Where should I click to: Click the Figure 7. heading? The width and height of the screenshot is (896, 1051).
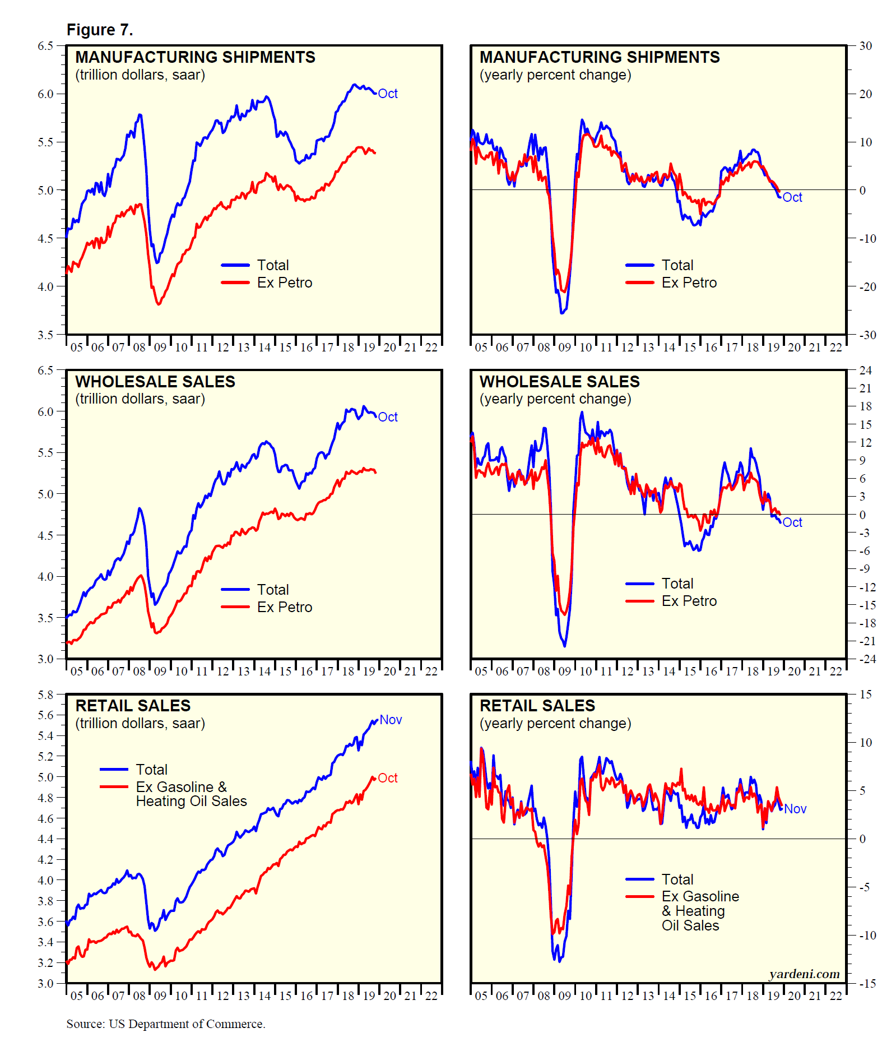pyautogui.click(x=100, y=30)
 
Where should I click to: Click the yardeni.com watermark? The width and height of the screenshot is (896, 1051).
pyautogui.click(x=804, y=974)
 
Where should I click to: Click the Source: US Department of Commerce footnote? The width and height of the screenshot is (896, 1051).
pyautogui.click(x=166, y=1024)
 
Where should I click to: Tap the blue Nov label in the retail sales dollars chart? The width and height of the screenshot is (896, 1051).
pyautogui.click(x=391, y=720)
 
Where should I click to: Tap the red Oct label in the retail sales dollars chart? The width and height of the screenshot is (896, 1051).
pyautogui.click(x=388, y=778)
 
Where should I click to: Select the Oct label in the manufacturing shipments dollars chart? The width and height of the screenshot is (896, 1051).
pyautogui.click(x=388, y=94)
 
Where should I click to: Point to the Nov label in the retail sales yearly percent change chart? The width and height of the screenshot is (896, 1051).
pyautogui.click(x=795, y=809)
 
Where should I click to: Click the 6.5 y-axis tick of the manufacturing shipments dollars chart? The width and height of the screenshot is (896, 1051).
pyautogui.click(x=45, y=46)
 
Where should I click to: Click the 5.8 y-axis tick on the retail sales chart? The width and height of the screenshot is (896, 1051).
pyautogui.click(x=45, y=695)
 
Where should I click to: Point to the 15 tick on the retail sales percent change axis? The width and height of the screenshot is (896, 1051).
pyautogui.click(x=866, y=695)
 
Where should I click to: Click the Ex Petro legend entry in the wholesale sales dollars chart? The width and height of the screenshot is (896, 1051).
pyautogui.click(x=285, y=607)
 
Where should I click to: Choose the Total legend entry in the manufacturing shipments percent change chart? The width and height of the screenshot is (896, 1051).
pyautogui.click(x=677, y=265)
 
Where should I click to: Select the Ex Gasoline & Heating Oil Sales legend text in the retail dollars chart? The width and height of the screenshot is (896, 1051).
pyautogui.click(x=191, y=794)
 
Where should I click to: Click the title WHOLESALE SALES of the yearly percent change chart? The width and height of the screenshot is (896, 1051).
pyautogui.click(x=559, y=382)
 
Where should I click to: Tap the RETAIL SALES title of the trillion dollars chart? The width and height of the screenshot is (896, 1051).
pyautogui.click(x=133, y=706)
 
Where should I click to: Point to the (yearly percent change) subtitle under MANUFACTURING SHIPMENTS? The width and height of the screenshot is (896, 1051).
pyautogui.click(x=555, y=75)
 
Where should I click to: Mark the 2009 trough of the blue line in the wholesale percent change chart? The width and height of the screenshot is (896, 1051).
pyautogui.click(x=564, y=646)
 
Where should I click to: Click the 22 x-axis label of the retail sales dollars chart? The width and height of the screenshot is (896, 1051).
pyautogui.click(x=431, y=996)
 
